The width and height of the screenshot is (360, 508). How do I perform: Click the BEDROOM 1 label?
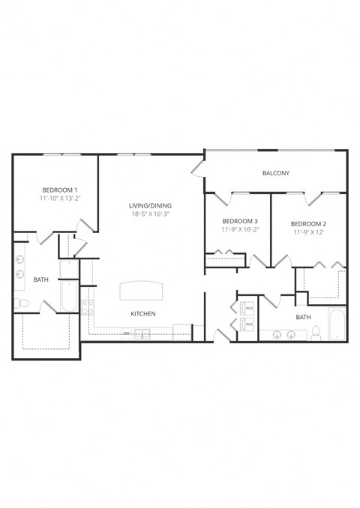click(59, 190)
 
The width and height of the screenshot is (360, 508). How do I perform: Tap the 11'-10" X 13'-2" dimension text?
click(59, 199)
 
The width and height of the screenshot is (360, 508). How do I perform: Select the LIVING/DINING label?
click(150, 205)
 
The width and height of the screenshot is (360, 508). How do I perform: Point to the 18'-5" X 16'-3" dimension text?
click(150, 214)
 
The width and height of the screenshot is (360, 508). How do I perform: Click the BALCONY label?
click(275, 173)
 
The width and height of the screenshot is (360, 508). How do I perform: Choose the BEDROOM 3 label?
click(240, 221)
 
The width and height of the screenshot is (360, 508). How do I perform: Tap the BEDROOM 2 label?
click(308, 223)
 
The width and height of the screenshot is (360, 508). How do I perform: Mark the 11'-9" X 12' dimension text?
click(308, 233)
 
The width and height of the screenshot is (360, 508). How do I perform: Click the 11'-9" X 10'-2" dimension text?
click(240, 231)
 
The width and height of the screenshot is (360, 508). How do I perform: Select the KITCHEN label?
click(142, 313)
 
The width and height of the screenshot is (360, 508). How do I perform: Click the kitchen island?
click(142, 290)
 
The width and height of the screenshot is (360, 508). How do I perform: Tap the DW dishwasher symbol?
click(127, 333)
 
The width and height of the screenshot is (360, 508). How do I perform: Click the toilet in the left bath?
click(21, 303)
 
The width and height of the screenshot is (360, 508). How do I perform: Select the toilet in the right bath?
click(316, 333)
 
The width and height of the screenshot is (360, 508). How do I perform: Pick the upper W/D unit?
click(247, 308)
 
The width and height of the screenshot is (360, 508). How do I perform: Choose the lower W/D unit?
click(247, 324)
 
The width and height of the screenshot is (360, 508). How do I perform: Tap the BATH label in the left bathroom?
click(40, 279)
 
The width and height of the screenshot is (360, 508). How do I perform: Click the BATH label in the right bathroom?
click(302, 317)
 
